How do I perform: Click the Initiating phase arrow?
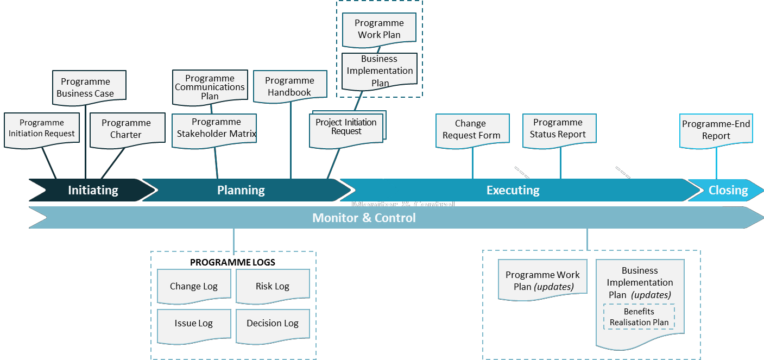coord(93,190)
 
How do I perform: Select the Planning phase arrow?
coord(241,190)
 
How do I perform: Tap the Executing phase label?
coord(513,190)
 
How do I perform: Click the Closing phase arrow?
coord(728,190)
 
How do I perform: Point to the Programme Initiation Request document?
coord(41,129)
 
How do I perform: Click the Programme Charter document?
coord(127,129)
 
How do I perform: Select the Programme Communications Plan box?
coord(210,87)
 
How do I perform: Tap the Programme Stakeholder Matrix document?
coord(216,129)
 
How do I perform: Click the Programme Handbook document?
coord(290,86)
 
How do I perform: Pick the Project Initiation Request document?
coord(346,128)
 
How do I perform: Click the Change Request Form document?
coord(472,130)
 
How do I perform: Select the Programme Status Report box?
coord(559,129)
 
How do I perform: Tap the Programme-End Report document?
coord(716,130)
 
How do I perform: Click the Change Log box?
coord(194,286)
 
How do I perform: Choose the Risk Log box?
coord(273,286)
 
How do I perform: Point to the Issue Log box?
coord(194,324)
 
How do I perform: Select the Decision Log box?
coord(273,324)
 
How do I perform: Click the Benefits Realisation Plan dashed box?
coord(639,317)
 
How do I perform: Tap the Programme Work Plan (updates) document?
coord(542,280)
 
